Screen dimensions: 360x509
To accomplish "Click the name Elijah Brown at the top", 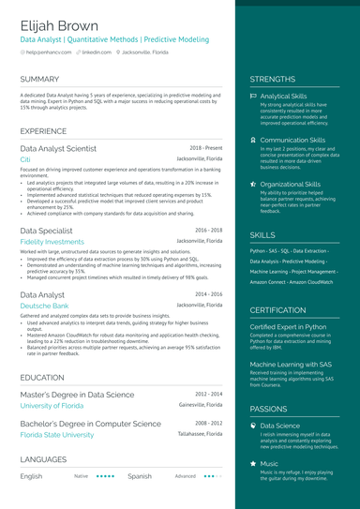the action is coord(59,25).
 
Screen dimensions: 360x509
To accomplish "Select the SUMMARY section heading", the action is coord(39,80).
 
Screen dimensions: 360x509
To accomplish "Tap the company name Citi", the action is coord(25,160).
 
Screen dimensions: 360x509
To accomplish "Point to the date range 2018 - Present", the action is coord(205,148).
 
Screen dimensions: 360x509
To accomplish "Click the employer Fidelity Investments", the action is coord(52,242).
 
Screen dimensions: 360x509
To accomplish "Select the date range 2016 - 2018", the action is coord(208,230).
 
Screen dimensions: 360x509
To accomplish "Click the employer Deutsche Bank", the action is coord(44,306).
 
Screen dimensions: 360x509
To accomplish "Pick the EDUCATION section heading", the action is coord(42,377).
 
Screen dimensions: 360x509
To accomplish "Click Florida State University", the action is coord(57,435).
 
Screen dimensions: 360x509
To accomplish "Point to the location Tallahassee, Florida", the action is coord(200,434).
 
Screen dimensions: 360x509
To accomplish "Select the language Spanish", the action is coord(140,476).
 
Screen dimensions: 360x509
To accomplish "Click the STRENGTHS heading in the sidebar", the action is coord(273,80).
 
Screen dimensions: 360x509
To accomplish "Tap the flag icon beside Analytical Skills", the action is coord(253,97).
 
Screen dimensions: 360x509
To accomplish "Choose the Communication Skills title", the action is coord(292,140).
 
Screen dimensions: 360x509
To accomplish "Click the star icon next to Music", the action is coord(253,463).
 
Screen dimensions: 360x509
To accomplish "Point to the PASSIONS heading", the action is coord(270,409).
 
